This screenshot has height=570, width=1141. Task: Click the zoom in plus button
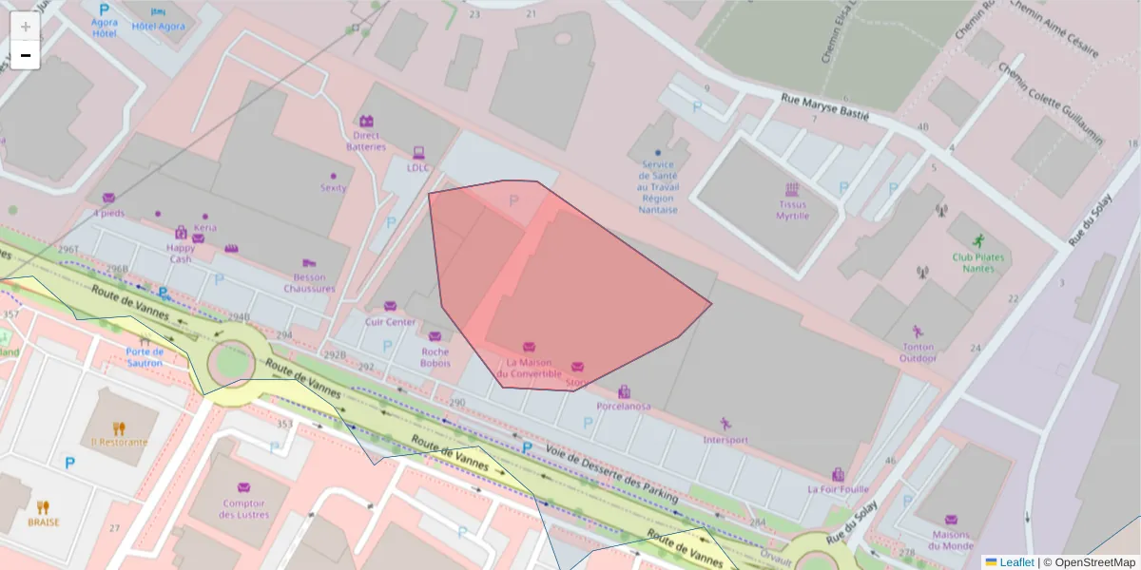point(26,27)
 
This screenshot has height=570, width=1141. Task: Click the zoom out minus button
point(26,55)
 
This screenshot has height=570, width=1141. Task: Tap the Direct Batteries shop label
point(366,141)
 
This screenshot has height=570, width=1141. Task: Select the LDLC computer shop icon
point(418,152)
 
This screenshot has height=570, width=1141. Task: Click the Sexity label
point(333,188)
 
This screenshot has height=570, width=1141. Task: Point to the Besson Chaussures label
point(309,283)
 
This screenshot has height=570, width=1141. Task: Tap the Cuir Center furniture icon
point(390,306)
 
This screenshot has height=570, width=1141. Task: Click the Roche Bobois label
point(435,357)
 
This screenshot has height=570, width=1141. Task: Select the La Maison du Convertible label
point(533,368)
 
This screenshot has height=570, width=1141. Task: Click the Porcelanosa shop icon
point(624,391)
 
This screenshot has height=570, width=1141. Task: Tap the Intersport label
point(725,440)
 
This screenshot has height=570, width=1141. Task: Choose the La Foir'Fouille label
point(838,489)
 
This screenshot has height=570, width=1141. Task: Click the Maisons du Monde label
point(951,540)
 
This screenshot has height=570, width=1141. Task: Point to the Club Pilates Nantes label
point(978,262)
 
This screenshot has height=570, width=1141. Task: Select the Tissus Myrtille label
point(792,210)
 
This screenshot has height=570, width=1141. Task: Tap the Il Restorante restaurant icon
point(119,428)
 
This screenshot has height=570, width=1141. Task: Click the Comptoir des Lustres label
point(243,509)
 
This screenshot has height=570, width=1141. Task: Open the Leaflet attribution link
point(1016,562)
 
